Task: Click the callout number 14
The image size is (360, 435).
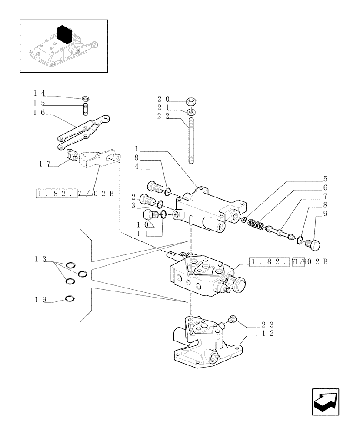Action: coord(39,93)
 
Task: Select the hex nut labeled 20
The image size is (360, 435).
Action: coord(191,103)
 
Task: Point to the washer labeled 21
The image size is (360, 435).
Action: coord(191,113)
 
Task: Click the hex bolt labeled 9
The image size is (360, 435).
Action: coord(313,245)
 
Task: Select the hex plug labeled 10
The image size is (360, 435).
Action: coord(150,215)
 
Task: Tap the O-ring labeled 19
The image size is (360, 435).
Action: coord(70,298)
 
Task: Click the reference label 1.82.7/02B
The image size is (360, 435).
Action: coord(74,193)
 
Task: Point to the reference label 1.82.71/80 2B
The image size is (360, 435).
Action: coord(288,262)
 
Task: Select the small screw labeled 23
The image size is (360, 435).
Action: coord(232,320)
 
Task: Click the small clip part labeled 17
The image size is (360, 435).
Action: coord(72,155)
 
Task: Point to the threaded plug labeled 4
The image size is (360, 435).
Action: coord(154,187)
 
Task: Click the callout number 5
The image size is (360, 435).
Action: coord(325,179)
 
